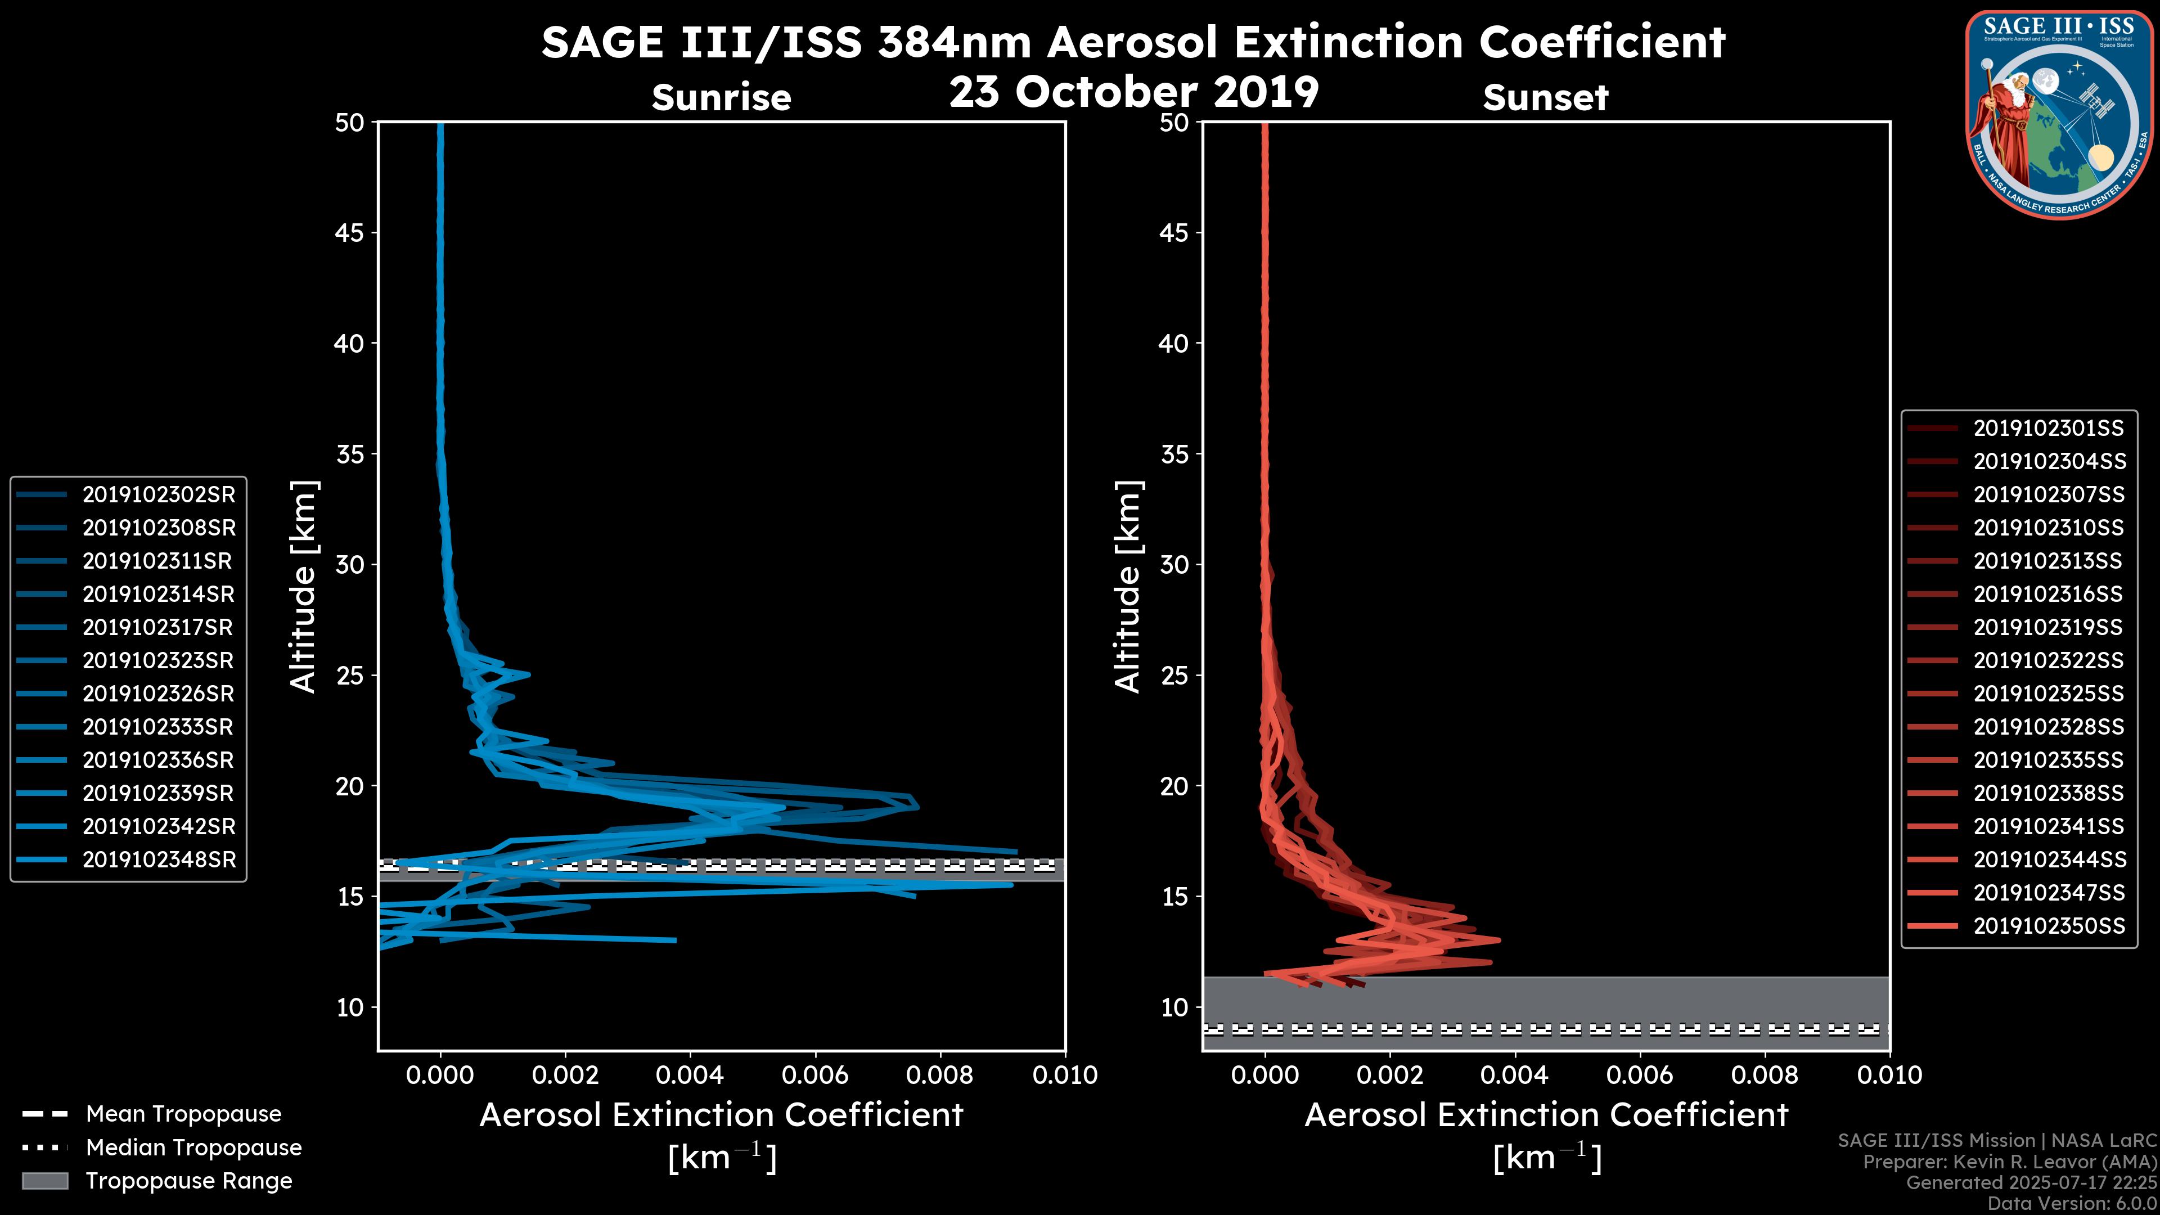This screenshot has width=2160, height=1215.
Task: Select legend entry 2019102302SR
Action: click(x=159, y=495)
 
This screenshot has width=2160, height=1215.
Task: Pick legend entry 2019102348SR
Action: click(x=159, y=859)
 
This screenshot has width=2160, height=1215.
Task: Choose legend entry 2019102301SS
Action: click(x=2049, y=429)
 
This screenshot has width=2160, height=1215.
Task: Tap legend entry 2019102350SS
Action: click(x=2049, y=926)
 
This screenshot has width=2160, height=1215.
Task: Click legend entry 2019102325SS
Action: click(x=2049, y=694)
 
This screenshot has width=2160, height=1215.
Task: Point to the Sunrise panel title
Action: click(x=721, y=98)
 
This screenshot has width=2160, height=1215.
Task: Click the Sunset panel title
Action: click(x=1545, y=98)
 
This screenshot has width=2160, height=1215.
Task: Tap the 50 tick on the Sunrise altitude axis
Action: click(x=350, y=123)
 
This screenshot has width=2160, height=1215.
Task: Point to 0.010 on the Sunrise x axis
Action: click(x=1064, y=1075)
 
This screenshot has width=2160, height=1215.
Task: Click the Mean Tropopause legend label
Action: click(x=183, y=1114)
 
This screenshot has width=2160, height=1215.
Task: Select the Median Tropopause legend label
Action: click(x=193, y=1148)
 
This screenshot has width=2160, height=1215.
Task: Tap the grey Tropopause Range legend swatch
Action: click(x=44, y=1181)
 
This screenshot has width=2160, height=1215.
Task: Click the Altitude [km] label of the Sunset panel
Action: click(x=1128, y=587)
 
